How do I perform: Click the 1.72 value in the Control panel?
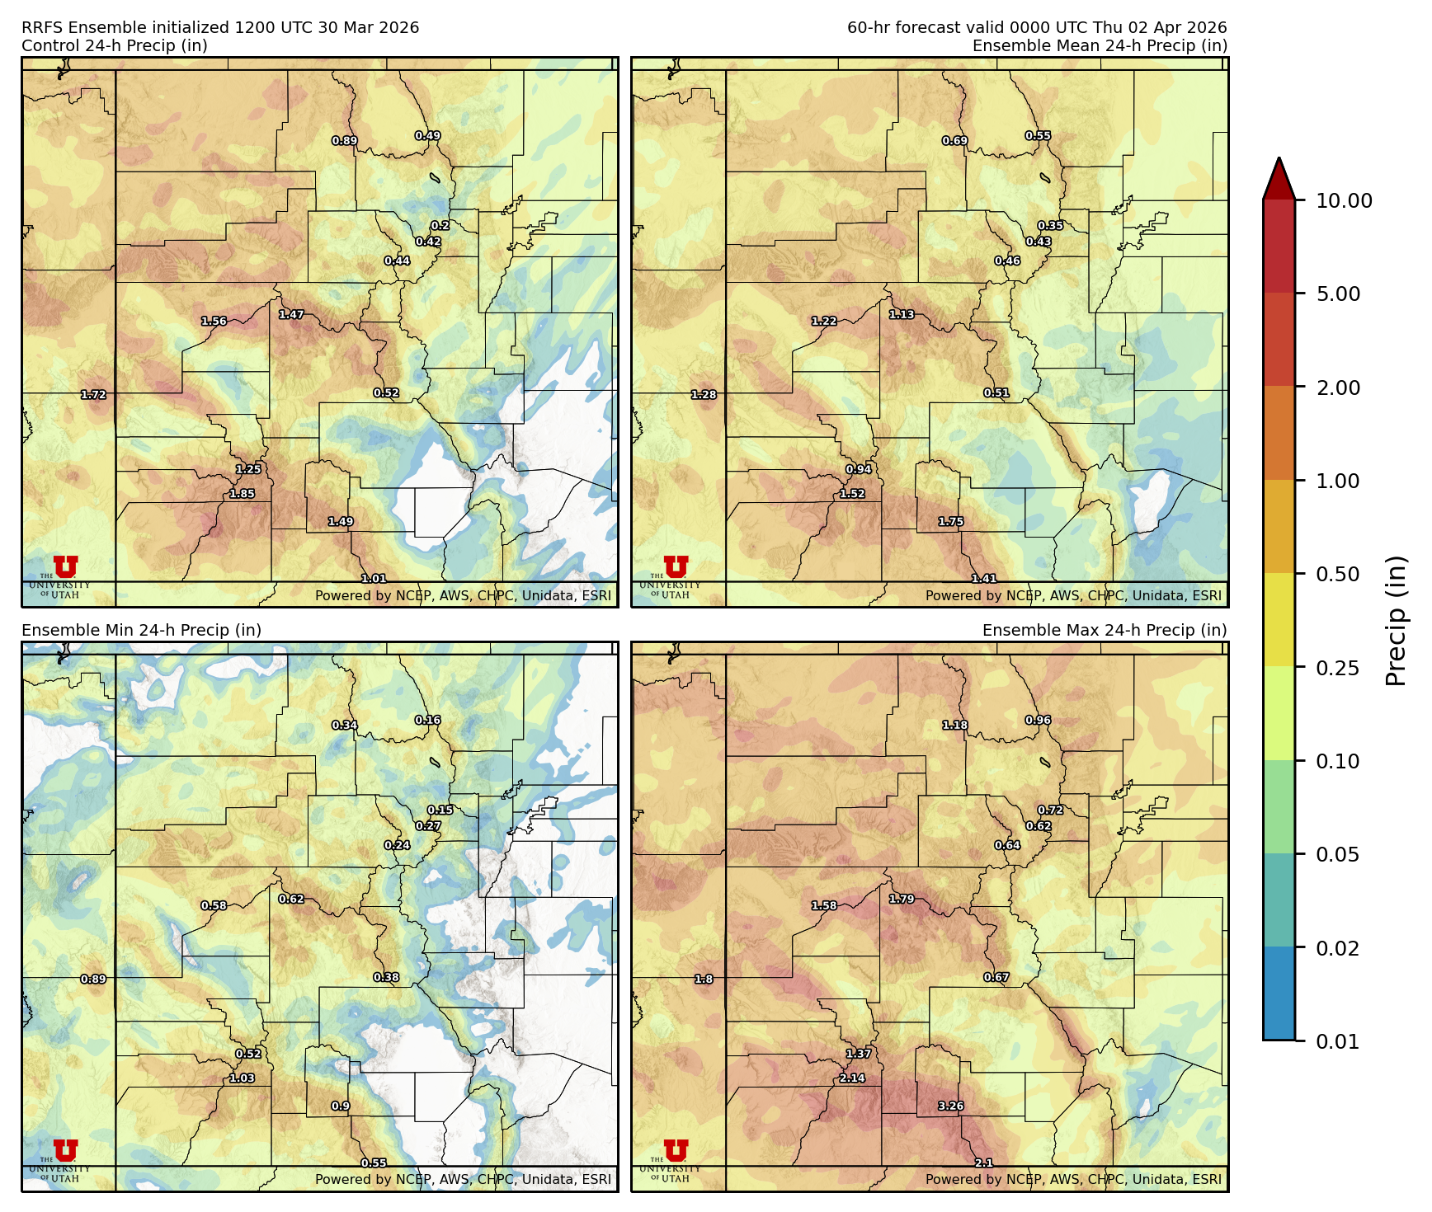(x=93, y=395)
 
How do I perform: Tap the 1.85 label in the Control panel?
(x=242, y=494)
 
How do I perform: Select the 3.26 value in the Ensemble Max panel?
(x=950, y=1106)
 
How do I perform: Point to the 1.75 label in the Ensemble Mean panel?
(x=950, y=522)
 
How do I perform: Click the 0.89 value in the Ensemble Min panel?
(x=93, y=979)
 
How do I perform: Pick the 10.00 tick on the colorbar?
(x=1344, y=201)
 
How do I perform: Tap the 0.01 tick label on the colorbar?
(x=1337, y=1041)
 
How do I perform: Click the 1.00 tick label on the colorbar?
(x=1337, y=481)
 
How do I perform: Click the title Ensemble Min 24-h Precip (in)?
(x=141, y=630)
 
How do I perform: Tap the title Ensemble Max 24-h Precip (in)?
(x=1104, y=630)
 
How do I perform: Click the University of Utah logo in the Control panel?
(x=65, y=568)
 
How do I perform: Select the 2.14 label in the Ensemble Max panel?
(x=852, y=1078)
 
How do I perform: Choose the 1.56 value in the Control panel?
(x=214, y=322)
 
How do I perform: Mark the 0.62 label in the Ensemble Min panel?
(x=291, y=900)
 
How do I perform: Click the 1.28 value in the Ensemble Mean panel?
(x=704, y=395)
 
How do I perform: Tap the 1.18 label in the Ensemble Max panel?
(x=954, y=726)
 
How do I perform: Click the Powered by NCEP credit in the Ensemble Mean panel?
(x=1072, y=595)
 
